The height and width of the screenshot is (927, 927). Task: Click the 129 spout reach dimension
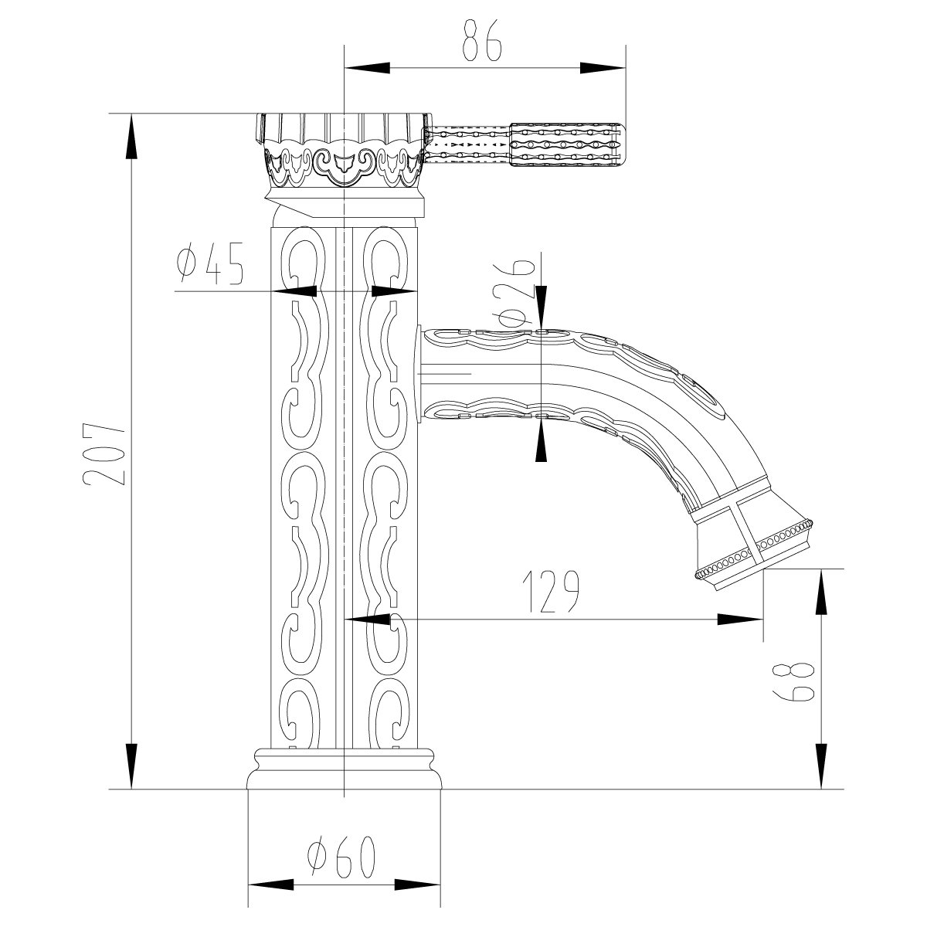tap(552, 592)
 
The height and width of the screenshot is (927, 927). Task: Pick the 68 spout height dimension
tap(793, 681)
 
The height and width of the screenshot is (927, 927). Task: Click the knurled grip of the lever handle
tap(565, 144)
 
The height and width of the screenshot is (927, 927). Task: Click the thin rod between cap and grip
tap(469, 144)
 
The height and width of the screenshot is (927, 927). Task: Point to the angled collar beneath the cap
tap(345, 205)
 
